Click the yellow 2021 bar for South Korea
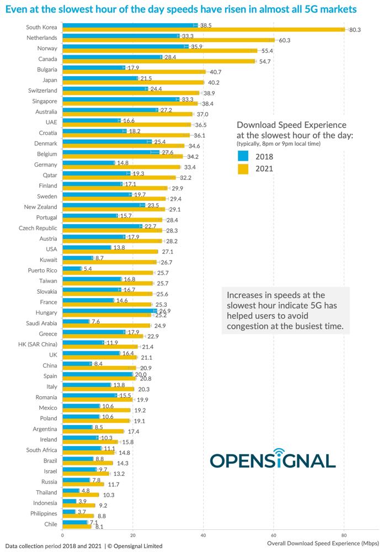pos(204,30)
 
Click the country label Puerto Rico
pos(42,270)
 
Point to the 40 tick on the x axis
pos(203,535)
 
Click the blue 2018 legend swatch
pos(243,156)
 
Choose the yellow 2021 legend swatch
pos(243,169)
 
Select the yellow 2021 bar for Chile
pos(77,527)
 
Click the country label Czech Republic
pos(38,227)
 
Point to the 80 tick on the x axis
pos(344,535)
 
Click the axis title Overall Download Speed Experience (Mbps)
pos(323,544)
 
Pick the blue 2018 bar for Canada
pos(112,57)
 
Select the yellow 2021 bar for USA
pos(110,251)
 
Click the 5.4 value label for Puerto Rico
pos(88,268)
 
